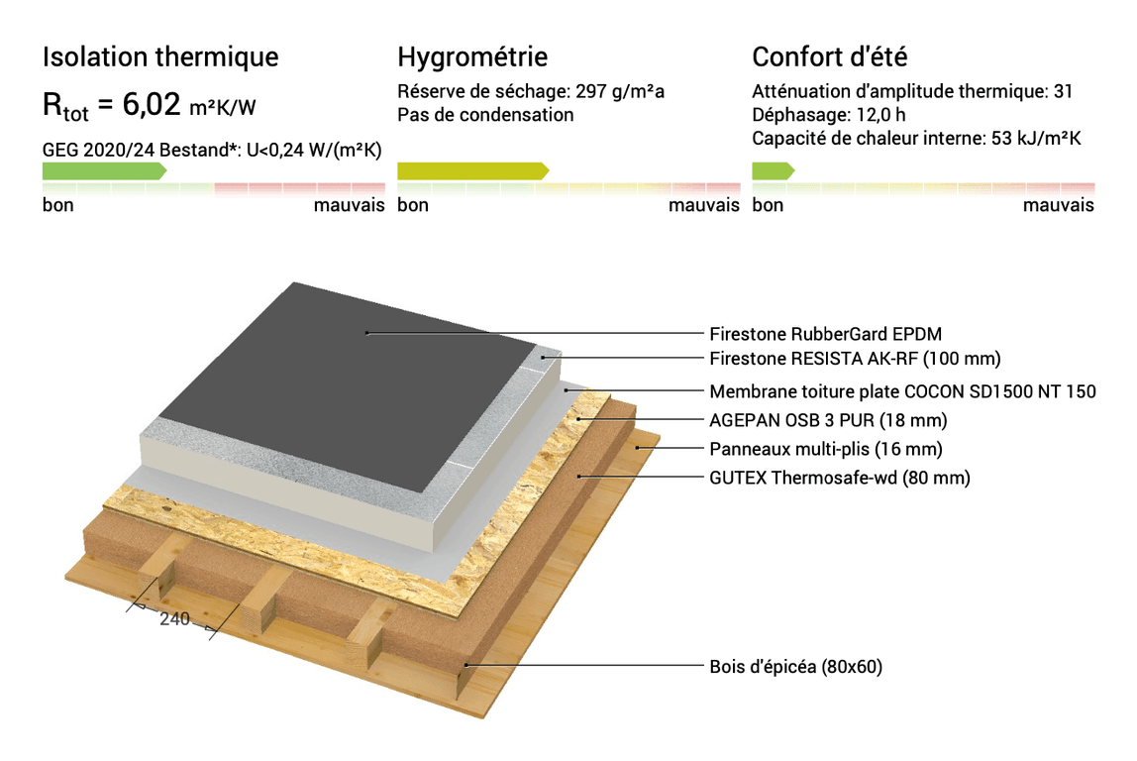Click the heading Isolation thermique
click(160, 57)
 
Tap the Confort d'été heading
click(830, 56)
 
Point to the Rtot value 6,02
click(151, 104)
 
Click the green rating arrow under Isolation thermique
click(104, 171)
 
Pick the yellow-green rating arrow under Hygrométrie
click(472, 171)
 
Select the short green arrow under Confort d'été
click(773, 171)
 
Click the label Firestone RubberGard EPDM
click(825, 334)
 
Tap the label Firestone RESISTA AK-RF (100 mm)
click(855, 359)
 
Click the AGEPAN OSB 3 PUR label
click(828, 420)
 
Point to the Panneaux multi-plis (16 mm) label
click(826, 449)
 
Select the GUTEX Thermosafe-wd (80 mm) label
click(840, 478)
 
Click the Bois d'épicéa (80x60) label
click(795, 666)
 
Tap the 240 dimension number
click(174, 619)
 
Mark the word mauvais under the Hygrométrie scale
click(703, 205)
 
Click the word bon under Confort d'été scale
click(768, 205)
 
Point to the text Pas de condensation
click(485, 115)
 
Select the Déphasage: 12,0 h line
click(828, 115)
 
